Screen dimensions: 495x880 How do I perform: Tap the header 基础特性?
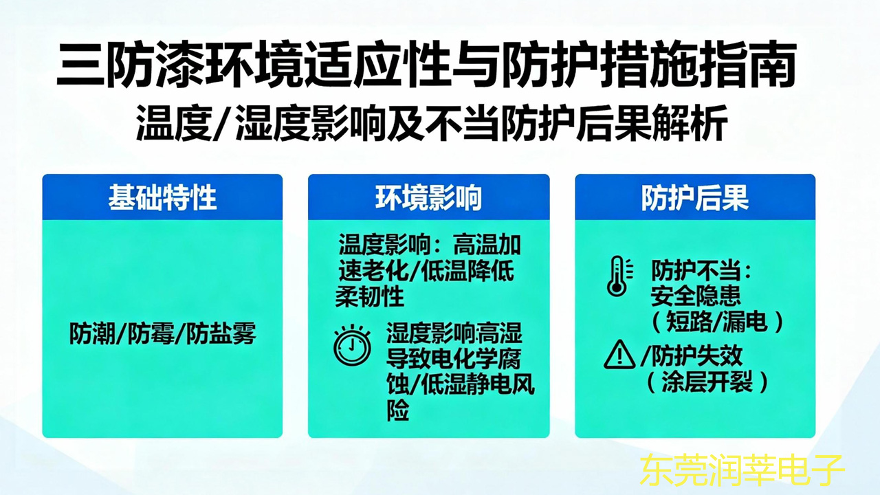[x=162, y=198]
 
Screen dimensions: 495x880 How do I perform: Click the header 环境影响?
[x=428, y=198]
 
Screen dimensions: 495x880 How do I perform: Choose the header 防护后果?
[x=694, y=198]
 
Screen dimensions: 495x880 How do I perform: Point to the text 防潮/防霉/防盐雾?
[x=163, y=333]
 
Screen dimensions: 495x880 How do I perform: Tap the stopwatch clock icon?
[x=352, y=344]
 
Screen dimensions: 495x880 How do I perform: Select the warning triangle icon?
[x=619, y=355]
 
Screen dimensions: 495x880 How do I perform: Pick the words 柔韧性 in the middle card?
[x=370, y=297]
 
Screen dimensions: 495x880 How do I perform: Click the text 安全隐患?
[x=696, y=296]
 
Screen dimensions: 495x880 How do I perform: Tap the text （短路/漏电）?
[x=715, y=321]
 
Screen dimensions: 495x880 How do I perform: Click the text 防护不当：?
[x=702, y=271]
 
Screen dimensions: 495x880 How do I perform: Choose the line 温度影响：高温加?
[x=430, y=245]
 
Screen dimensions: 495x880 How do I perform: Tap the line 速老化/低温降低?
[x=426, y=271]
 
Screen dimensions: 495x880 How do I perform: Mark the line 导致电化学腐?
[x=454, y=360]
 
